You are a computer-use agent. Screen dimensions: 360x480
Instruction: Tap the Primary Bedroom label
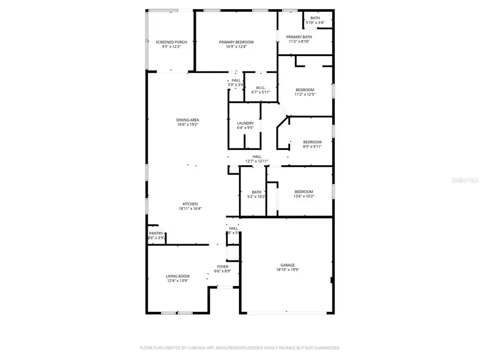236,42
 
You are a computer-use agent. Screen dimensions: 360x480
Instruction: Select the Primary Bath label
299,37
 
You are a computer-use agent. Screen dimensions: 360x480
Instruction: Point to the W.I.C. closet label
261,87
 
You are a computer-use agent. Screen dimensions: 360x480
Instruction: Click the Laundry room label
245,123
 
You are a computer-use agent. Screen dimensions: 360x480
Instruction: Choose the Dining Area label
188,120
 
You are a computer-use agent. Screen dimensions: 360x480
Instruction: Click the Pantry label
156,233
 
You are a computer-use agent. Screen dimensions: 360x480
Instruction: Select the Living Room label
178,276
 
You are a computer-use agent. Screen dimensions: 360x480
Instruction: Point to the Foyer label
222,267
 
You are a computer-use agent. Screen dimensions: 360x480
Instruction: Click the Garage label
287,265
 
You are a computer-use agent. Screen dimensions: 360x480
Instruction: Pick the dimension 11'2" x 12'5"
305,94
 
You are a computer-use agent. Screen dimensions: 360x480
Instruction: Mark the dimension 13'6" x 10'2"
304,196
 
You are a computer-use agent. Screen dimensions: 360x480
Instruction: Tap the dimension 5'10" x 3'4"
315,23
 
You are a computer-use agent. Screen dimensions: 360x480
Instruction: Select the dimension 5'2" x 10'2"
257,196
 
